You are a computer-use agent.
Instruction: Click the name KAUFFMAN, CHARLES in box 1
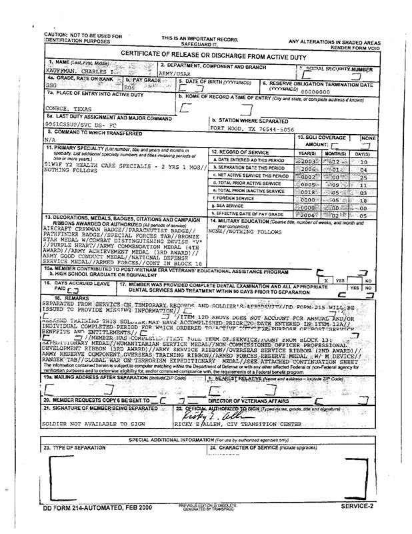pyautogui.click(x=73, y=69)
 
